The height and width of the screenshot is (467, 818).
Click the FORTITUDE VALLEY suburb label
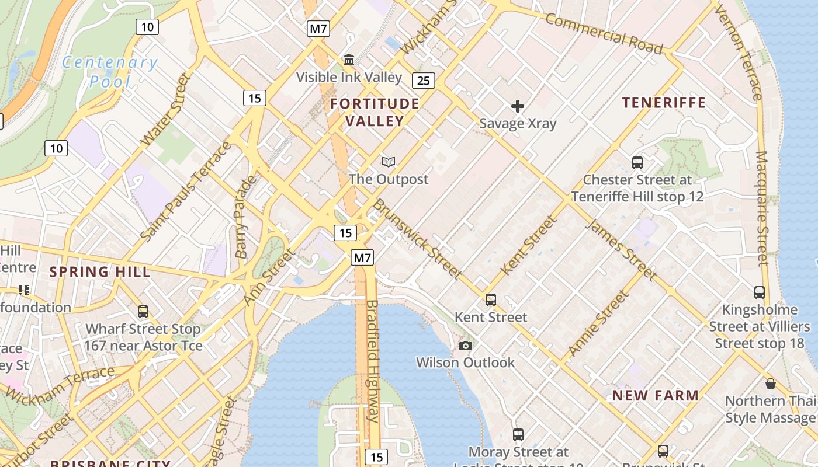(375, 112)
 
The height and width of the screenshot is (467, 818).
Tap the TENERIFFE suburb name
(664, 103)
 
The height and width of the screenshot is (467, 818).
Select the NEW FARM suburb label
(655, 395)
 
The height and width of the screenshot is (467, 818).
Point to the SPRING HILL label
(100, 271)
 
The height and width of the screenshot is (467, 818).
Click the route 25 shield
(424, 81)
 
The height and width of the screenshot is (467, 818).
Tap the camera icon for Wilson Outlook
(465, 346)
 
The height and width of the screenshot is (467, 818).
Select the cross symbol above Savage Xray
(517, 106)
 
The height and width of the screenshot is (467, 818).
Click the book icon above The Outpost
(389, 162)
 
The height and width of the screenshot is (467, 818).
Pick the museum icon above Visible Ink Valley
(349, 60)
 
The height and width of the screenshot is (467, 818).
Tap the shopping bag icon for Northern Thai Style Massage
(770, 384)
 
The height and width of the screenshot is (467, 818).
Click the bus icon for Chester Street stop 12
(637, 163)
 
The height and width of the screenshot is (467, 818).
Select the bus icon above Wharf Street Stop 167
(143, 312)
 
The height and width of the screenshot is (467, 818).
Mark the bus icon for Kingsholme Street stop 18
(759, 292)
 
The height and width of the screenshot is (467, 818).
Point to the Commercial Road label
(604, 34)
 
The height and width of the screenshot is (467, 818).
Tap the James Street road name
(621, 249)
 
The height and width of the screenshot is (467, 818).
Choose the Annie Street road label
(598, 323)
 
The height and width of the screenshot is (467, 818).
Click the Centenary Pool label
(110, 71)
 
